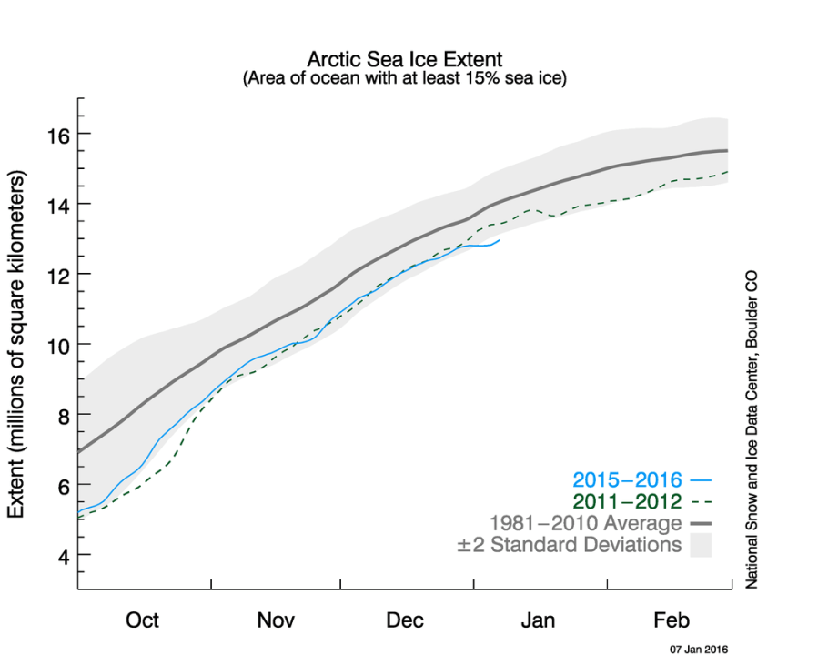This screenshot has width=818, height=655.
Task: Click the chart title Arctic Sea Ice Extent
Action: coord(405,60)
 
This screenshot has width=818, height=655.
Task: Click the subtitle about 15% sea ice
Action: coord(405,79)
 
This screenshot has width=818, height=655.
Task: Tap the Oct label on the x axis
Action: coord(143,620)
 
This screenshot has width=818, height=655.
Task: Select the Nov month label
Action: coord(275,620)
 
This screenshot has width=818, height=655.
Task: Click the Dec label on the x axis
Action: coord(405,620)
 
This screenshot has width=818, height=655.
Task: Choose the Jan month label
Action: coord(538,620)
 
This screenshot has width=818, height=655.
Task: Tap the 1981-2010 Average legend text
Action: coord(585,523)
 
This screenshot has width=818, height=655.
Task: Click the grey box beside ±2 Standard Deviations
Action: coord(701,546)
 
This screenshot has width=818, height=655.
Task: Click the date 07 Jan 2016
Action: coord(699,650)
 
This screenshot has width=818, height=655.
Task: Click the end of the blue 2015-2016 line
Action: coord(499,240)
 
